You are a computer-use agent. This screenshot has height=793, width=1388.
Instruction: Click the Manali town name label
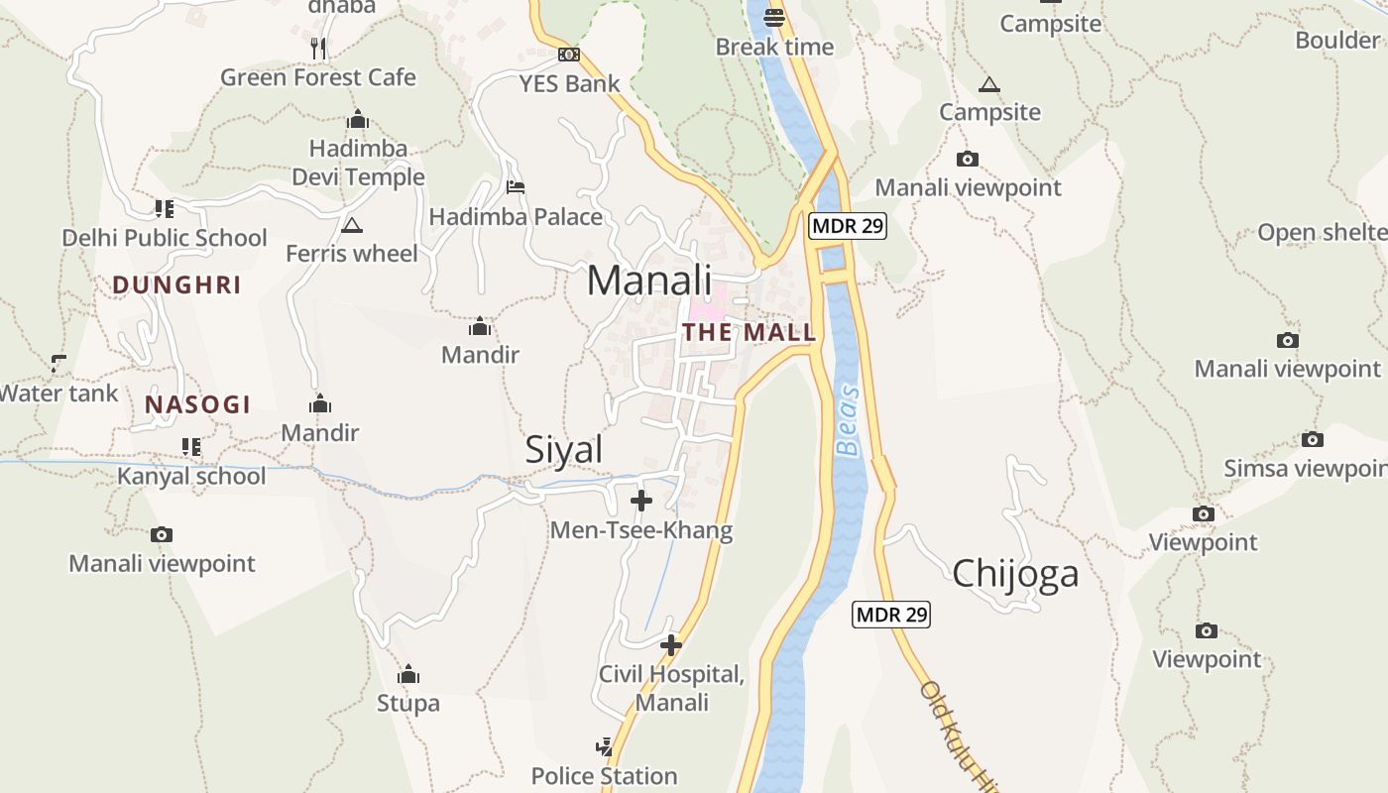point(649,281)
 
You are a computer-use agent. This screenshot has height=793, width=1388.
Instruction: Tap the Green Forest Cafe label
point(317,77)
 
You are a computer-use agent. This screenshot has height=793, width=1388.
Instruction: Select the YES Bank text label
point(569,84)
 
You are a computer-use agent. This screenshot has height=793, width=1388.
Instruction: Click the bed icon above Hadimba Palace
point(516,186)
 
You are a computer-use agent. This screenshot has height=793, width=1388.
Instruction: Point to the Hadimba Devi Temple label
point(358,163)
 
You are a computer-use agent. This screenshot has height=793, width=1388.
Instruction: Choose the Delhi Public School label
point(165,238)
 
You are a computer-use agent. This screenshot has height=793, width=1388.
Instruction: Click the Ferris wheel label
point(351,254)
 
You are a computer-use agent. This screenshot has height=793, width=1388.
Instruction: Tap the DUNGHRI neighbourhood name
point(176,285)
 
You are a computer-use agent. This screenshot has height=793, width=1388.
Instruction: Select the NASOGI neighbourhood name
point(197,404)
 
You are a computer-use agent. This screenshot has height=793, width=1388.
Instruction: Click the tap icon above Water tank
point(58,363)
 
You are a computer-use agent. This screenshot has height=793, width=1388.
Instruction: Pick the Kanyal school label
point(191,476)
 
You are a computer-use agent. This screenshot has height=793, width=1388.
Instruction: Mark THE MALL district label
point(750,332)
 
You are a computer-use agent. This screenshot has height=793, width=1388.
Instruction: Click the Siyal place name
point(563,450)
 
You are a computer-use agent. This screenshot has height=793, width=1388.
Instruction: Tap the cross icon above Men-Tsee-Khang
point(641,501)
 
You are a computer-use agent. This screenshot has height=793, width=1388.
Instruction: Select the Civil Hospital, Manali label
point(671,688)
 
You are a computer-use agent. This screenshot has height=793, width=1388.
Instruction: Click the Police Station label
point(604,776)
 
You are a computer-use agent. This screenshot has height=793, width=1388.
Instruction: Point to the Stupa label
point(407,704)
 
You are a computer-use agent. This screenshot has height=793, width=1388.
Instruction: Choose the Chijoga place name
point(1015,574)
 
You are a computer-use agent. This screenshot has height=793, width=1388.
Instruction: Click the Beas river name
point(849,420)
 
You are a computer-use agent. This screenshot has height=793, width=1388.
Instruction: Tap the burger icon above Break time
point(774,17)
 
